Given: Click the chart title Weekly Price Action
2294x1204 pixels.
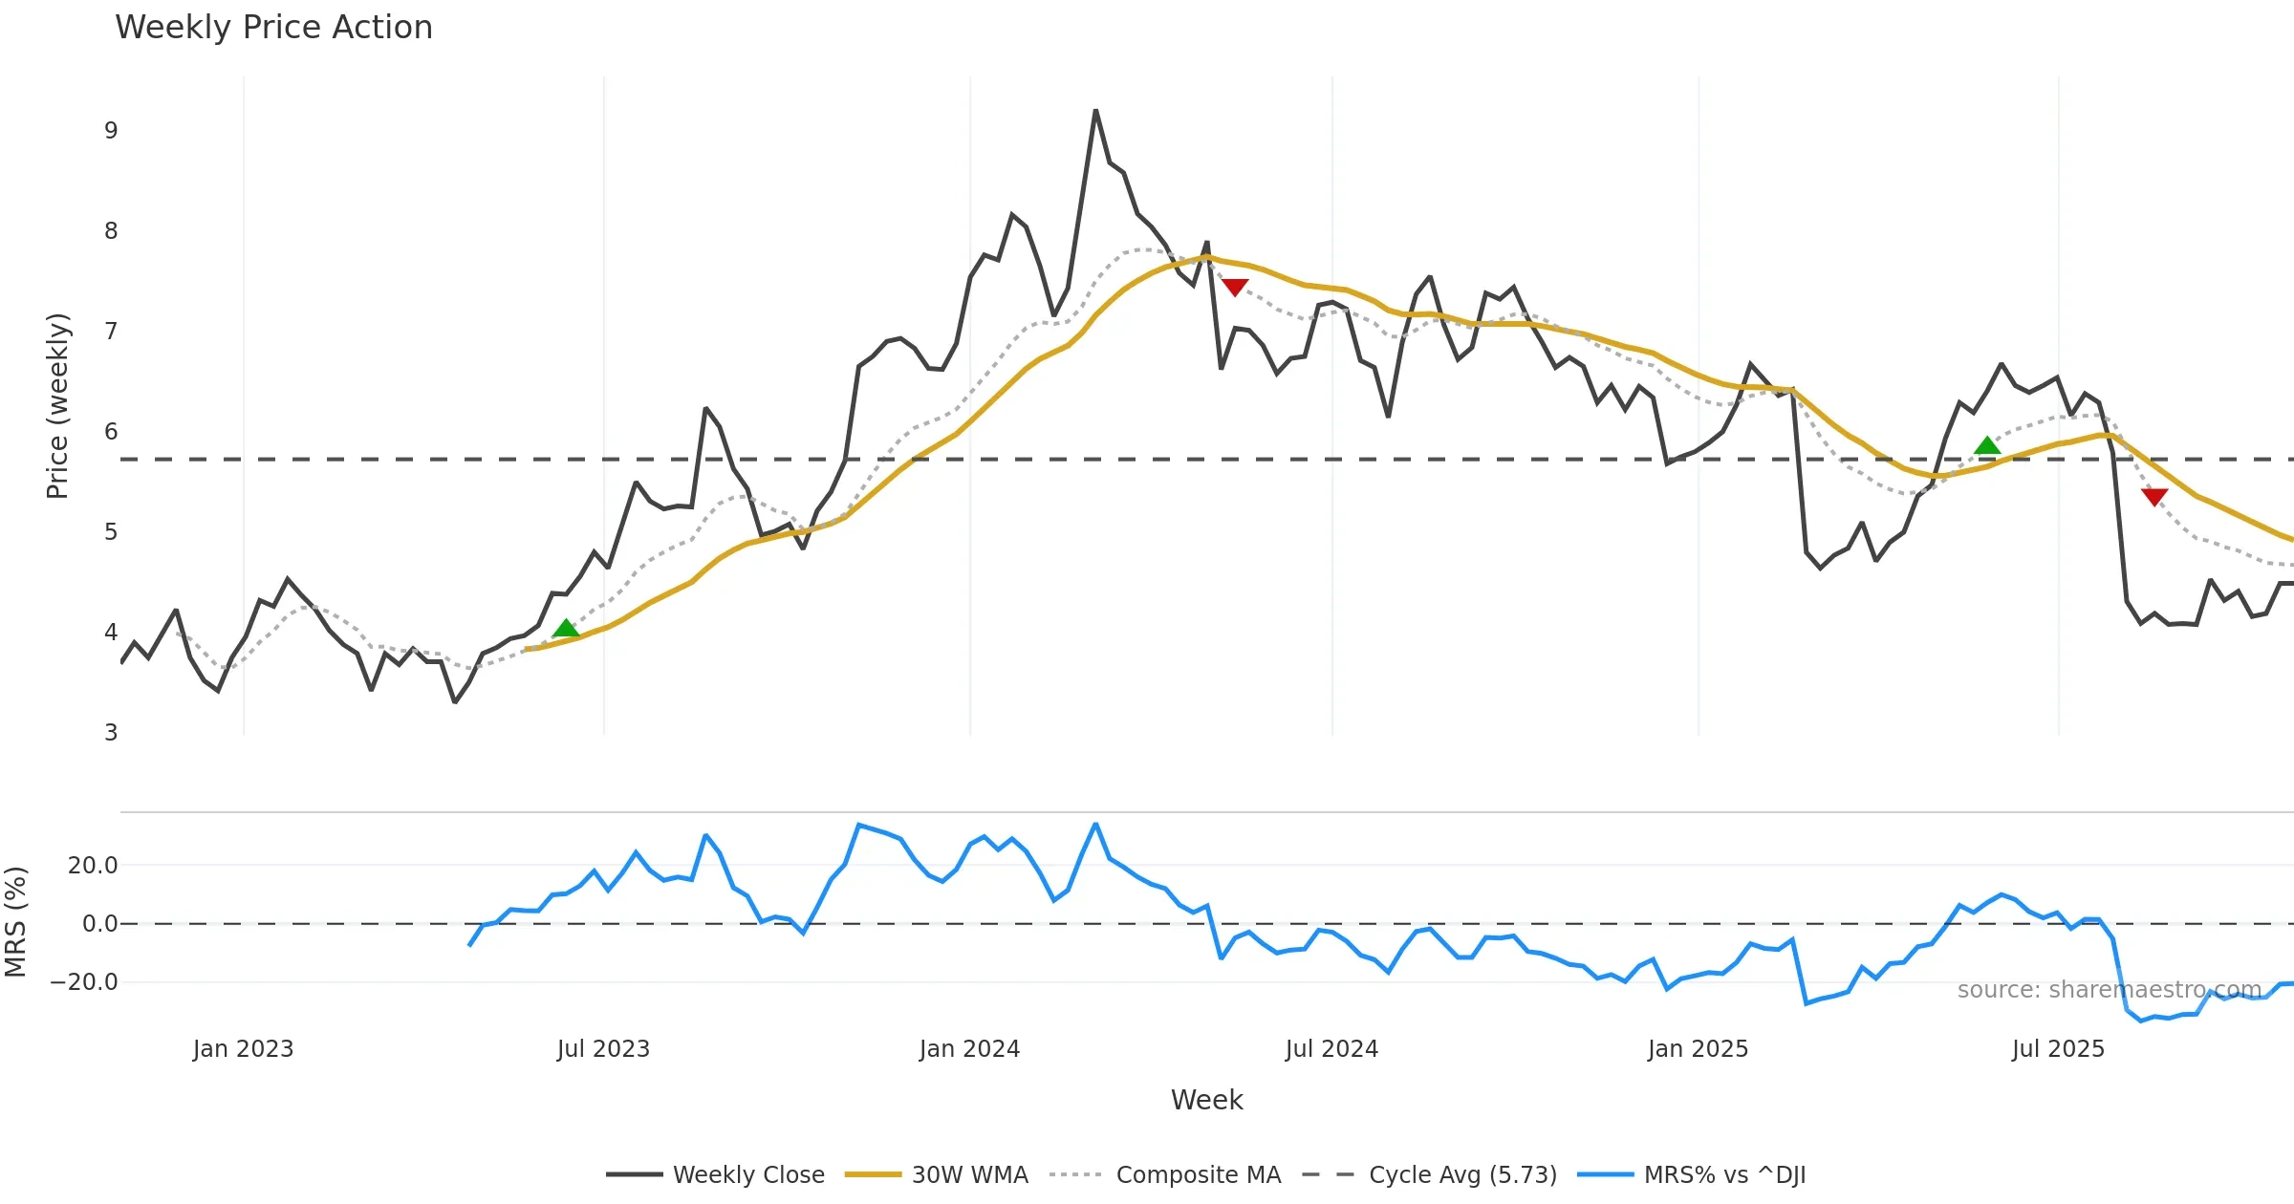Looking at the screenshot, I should pyautogui.click(x=273, y=28).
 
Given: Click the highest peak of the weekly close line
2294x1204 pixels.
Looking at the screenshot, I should pyautogui.click(x=1095, y=112).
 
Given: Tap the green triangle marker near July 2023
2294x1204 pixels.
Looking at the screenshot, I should pyautogui.click(x=566, y=628).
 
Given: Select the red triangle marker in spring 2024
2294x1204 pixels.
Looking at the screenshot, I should pyautogui.click(x=1235, y=287).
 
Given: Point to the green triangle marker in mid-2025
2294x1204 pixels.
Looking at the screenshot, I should pyautogui.click(x=1987, y=445).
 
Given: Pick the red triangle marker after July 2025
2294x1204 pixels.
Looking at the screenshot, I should pyautogui.click(x=2154, y=496).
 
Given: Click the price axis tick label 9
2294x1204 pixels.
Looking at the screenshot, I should pyautogui.click(x=111, y=131).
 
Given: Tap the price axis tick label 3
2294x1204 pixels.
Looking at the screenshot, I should pyautogui.click(x=111, y=733).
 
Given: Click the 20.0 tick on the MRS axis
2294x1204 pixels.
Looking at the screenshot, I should pyautogui.click(x=93, y=866).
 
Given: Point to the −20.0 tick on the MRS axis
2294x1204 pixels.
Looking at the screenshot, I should pyautogui.click(x=85, y=982).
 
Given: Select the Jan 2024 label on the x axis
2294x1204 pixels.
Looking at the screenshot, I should pyautogui.click(x=969, y=1049).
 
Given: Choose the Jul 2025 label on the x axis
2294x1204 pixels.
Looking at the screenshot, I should pyautogui.click(x=2058, y=1049).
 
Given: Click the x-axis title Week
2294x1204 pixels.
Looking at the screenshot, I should pyautogui.click(x=1206, y=1100).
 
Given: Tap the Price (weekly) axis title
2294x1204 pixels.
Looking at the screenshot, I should pyautogui.click(x=57, y=405).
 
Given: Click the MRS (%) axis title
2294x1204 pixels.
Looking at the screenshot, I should pyautogui.click(x=16, y=921).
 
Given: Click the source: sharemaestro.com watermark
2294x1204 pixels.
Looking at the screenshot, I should pyautogui.click(x=2109, y=990).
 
